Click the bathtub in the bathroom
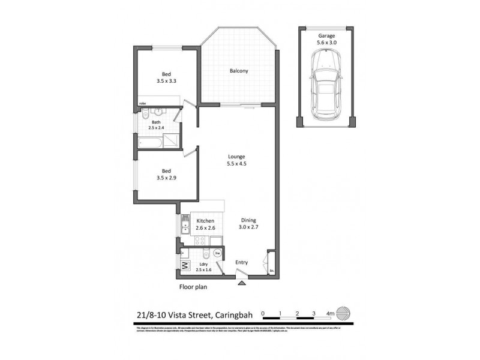coord(150,142)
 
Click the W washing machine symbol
coord(185,265)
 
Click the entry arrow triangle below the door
coord(241,284)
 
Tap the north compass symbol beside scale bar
coord(341,313)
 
